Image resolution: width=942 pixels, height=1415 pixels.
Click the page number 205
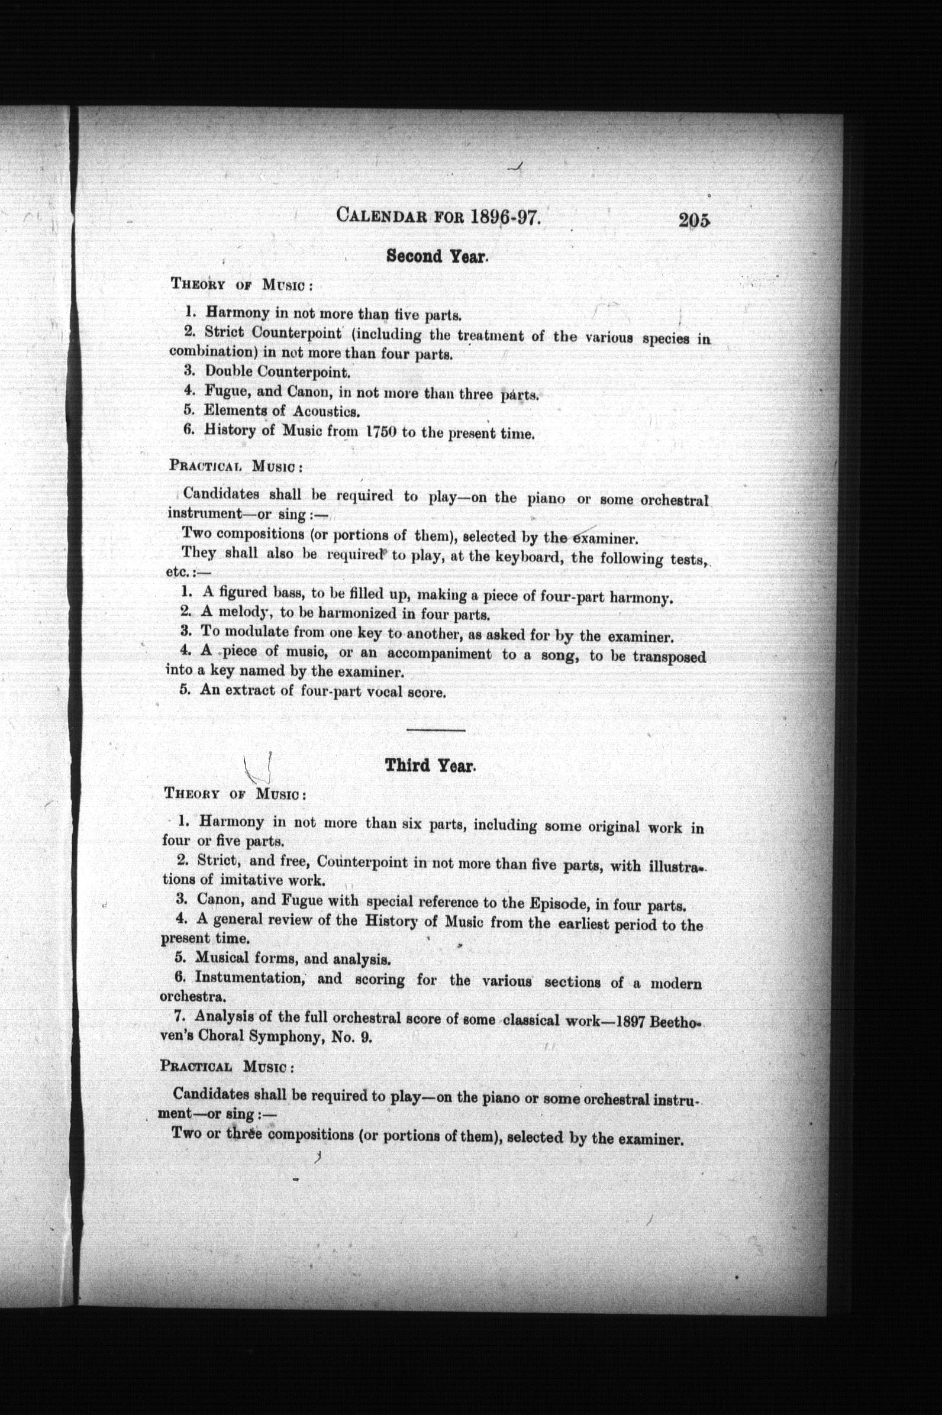[695, 221]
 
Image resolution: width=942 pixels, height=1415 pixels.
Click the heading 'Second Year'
[437, 257]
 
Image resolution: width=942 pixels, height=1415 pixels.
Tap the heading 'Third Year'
[430, 765]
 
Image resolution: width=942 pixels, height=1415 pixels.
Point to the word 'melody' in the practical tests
[243, 613]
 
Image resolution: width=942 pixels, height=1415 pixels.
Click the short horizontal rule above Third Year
[435, 731]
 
